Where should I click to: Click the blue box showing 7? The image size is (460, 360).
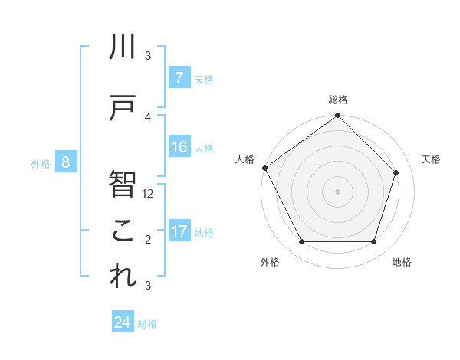(x=179, y=78)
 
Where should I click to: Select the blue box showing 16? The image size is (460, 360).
(x=179, y=147)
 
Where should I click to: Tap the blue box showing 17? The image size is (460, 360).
(x=179, y=231)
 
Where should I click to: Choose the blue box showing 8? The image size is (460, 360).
(x=66, y=162)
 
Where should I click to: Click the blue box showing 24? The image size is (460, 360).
(x=123, y=322)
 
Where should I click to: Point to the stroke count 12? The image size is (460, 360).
(x=148, y=194)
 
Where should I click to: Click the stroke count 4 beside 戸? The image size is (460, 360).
(x=148, y=116)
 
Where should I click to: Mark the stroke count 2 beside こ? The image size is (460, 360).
(x=148, y=240)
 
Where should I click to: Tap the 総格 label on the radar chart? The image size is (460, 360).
(x=338, y=100)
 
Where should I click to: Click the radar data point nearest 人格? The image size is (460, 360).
(x=265, y=168)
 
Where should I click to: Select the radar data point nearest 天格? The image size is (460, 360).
(x=396, y=172)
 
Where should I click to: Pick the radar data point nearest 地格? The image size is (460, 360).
(x=374, y=242)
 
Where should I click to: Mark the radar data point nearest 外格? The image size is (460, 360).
(x=301, y=242)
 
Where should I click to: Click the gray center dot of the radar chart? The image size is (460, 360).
(x=338, y=191)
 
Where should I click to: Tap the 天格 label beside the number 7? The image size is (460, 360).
(x=204, y=79)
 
